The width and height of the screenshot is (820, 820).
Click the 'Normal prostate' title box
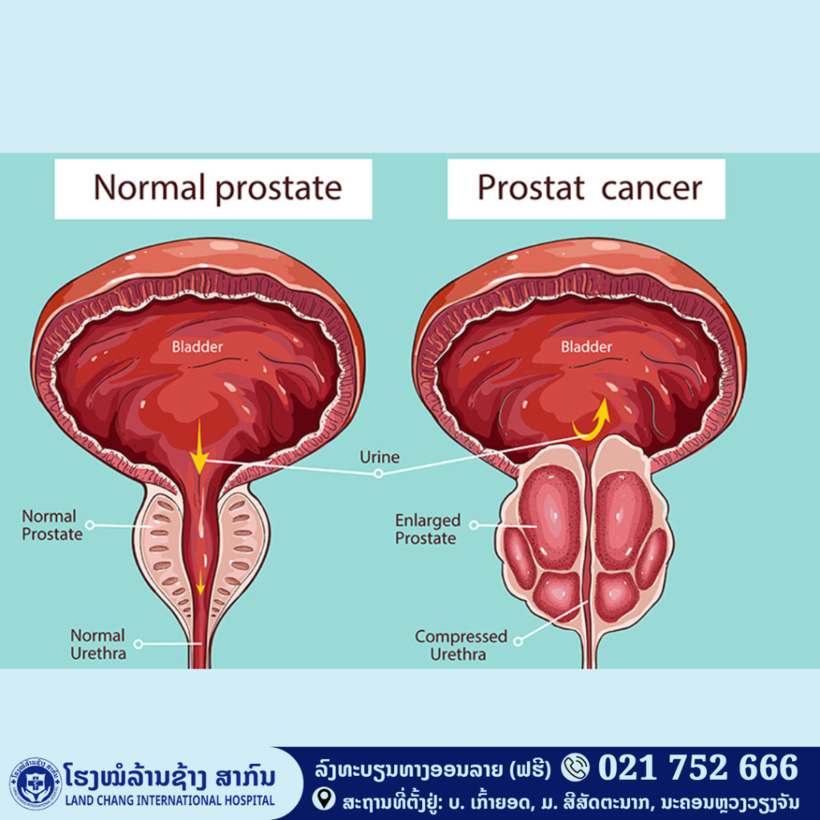[213, 189]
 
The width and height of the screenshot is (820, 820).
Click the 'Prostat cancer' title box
[586, 189]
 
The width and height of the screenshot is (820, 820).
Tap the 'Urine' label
[380, 457]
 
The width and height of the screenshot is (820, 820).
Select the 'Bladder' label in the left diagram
[198, 347]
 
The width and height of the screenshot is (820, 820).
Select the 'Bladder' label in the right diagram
[586, 347]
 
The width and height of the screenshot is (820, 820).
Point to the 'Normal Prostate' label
[52, 525]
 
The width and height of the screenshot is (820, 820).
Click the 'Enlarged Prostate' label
[428, 529]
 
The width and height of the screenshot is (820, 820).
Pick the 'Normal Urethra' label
[98, 645]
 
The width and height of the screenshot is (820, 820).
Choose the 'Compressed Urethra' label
[460, 645]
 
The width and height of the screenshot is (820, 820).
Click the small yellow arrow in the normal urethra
[200, 583]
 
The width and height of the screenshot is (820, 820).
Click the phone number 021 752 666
[698, 768]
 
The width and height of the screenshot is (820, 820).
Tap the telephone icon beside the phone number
[575, 767]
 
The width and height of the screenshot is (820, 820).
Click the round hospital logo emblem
[35, 783]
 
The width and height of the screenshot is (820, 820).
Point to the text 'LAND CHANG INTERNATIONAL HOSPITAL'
[170, 800]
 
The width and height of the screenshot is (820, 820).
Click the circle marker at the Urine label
[379, 473]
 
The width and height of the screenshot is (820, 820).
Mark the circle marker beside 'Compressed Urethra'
[518, 641]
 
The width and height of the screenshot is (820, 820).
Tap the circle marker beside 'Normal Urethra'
[138, 644]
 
